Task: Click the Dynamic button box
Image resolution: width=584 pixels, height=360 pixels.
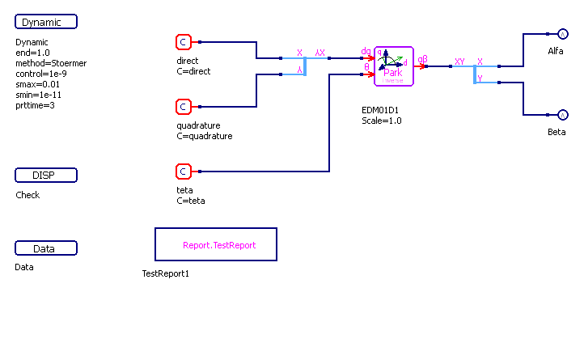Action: point(46,22)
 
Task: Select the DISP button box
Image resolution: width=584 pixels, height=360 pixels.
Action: point(46,176)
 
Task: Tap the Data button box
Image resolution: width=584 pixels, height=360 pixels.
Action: point(46,248)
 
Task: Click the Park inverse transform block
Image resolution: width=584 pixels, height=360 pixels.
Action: point(394,66)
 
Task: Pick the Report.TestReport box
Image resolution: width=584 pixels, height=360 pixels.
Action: point(216,244)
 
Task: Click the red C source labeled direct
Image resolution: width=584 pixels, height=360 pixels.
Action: point(184,41)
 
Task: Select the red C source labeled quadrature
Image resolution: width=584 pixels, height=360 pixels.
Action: point(184,106)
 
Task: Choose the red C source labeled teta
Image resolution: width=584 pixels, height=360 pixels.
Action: point(184,171)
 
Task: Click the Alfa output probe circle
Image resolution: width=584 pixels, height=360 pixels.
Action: point(564,34)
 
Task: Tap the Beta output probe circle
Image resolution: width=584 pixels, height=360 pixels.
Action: point(564,115)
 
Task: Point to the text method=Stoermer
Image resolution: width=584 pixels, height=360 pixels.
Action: point(51,63)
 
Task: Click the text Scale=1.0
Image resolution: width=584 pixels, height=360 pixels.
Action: point(381,121)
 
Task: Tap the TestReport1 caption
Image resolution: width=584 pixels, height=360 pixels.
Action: point(165,273)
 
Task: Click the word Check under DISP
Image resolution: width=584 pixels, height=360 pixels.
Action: point(28,195)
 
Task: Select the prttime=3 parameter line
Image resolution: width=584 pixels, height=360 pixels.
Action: point(36,105)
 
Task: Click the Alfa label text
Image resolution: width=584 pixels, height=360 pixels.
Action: point(556,51)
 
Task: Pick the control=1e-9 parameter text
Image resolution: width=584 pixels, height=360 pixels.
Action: point(41,74)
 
